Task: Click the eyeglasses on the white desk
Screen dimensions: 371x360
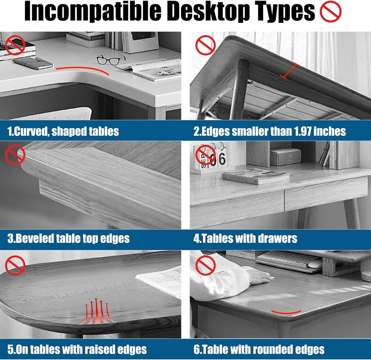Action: [111, 60]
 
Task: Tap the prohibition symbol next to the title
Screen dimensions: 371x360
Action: [330, 12]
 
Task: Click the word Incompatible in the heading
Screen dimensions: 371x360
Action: [93, 12]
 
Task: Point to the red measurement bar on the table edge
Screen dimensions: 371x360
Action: [290, 70]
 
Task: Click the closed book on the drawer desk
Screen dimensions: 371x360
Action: [256, 176]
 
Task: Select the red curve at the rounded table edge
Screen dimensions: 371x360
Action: [286, 312]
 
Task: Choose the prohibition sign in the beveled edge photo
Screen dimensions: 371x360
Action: [15, 155]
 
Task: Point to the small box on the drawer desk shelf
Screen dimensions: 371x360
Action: [285, 157]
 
